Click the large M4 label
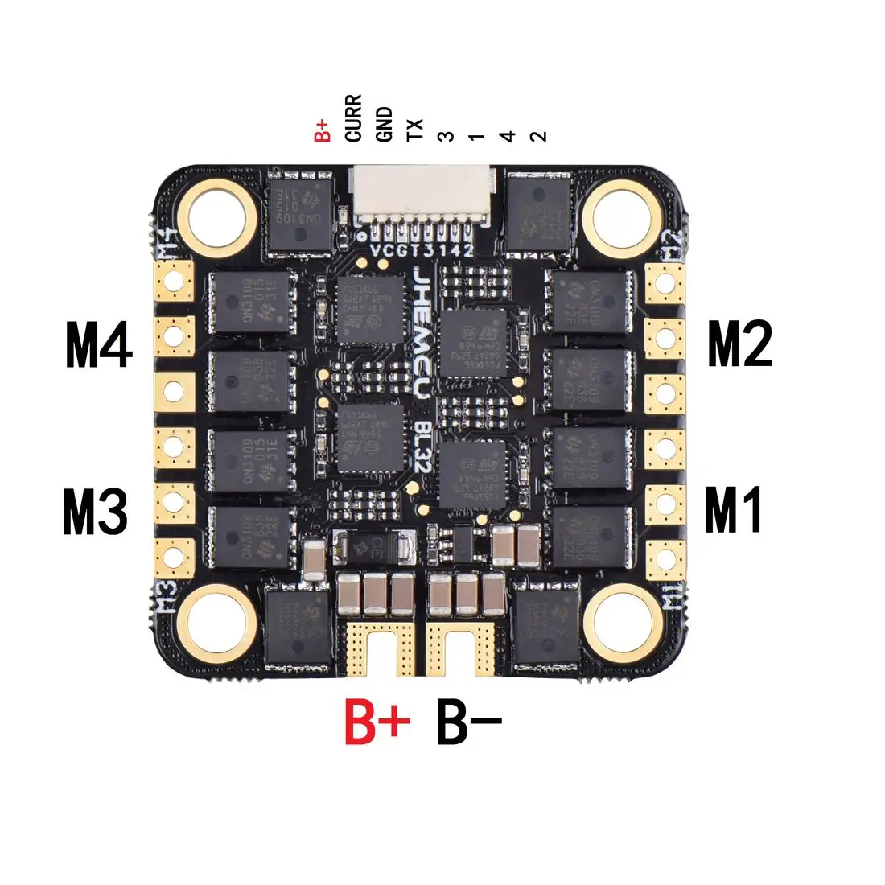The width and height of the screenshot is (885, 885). click(99, 346)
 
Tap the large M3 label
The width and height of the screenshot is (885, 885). click(95, 512)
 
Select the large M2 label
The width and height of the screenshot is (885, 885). click(739, 344)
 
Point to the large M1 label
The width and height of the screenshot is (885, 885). click(733, 511)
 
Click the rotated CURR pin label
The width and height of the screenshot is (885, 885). click(353, 119)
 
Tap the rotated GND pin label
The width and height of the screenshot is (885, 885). click(385, 124)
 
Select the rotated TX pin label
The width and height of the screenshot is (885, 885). click(415, 130)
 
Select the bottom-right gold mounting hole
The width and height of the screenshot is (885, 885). click(625, 620)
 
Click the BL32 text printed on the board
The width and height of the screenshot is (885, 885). click(421, 442)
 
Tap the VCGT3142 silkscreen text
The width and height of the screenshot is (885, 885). click(422, 249)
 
